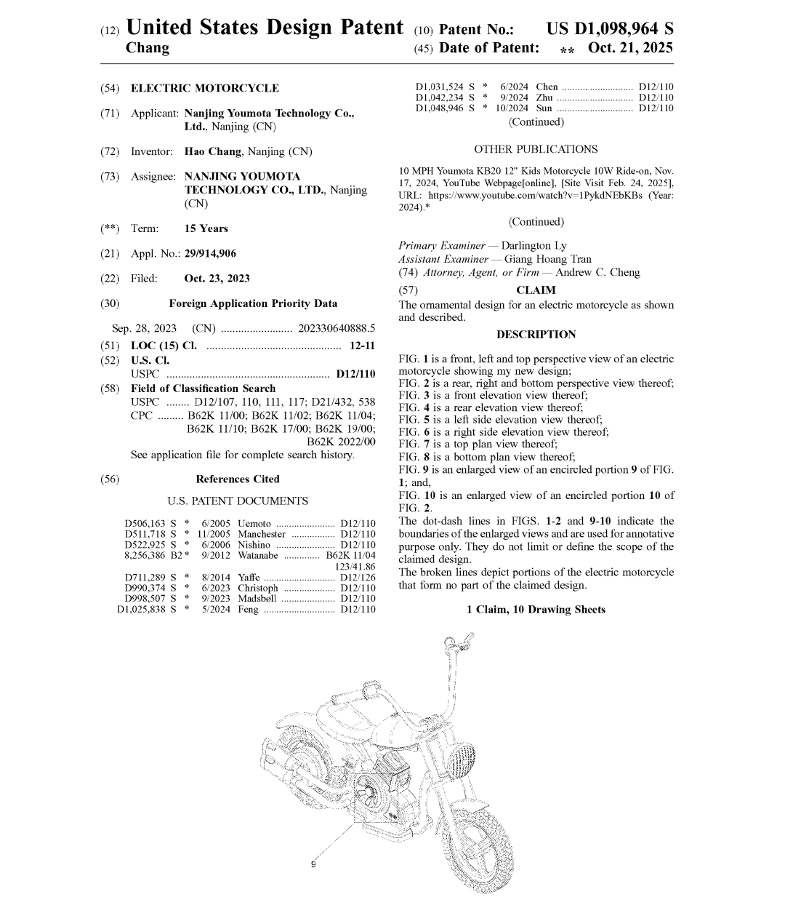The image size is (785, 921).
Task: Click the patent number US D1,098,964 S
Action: pos(609,29)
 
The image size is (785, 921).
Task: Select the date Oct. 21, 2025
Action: pos(630,48)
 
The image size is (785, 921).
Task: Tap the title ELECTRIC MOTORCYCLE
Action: pos(204,88)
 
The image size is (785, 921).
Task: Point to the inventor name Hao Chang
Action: pos(212,151)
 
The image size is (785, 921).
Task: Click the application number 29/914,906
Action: pos(210,253)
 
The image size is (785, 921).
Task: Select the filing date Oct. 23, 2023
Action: pos(217,278)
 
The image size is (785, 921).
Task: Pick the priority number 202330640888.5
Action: pos(337,328)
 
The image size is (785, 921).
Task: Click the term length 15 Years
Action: pos(206,228)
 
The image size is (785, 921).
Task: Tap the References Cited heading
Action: pos(237,479)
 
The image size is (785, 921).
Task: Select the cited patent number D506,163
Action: pos(145,523)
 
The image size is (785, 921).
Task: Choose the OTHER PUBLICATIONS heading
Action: pos(536,149)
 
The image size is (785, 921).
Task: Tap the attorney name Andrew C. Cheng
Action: pos(597,272)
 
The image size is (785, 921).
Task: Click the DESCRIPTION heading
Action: pos(536,334)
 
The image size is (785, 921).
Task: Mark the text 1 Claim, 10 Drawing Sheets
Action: pos(536,610)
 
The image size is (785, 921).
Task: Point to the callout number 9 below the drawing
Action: pos(313,864)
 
